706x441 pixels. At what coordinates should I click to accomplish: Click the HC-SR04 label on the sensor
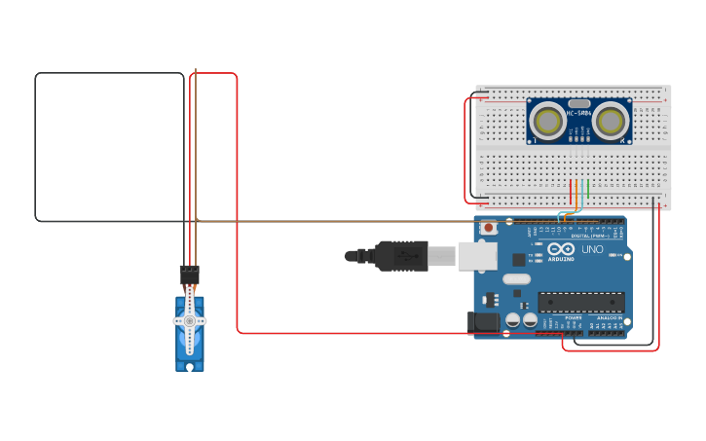coord(579,114)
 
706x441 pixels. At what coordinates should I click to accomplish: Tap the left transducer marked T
coord(548,122)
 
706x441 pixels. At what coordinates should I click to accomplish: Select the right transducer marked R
coord(611,122)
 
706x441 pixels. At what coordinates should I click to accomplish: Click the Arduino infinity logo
coord(560,249)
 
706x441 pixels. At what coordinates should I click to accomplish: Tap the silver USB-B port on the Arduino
coord(477,256)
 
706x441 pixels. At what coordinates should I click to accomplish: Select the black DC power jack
coord(483,322)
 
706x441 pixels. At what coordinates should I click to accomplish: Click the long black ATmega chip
coord(580,302)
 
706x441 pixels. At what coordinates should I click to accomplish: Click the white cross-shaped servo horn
coord(190,319)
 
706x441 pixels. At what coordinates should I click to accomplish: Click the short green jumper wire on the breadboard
coord(588,188)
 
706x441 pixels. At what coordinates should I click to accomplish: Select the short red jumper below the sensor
coord(571,190)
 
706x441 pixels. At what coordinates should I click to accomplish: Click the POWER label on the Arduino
coord(574,317)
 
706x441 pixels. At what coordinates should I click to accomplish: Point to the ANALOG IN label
coord(609,317)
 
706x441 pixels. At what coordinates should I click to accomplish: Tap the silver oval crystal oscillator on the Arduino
coord(517,279)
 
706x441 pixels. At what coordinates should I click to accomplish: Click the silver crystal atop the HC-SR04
coord(579,102)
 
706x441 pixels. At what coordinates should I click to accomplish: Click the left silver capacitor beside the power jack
coord(513,320)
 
